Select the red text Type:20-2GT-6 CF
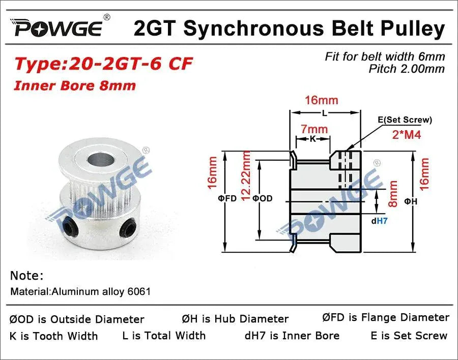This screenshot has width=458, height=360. point(104,64)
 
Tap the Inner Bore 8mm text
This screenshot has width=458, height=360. point(75,85)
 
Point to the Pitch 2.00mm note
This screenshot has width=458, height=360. point(407,69)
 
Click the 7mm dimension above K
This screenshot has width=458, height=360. point(314,131)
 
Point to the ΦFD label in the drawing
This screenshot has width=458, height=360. point(227,198)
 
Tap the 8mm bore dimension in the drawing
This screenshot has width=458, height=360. point(393,194)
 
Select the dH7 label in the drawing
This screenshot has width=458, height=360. point(379,221)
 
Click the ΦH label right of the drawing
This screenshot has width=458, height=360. point(411,201)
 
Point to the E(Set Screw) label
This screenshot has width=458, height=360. point(405,120)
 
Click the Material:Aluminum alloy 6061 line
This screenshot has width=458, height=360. point(80,292)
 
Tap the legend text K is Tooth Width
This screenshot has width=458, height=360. point(53,336)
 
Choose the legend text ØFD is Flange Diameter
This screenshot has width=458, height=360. point(386,317)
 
